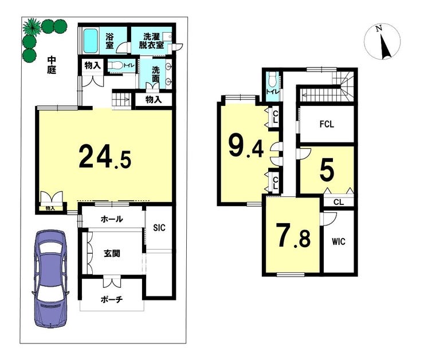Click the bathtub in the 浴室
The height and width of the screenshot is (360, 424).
click(x=91, y=41)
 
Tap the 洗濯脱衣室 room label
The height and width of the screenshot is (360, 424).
click(x=151, y=41)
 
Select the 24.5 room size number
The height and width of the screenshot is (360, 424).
click(x=105, y=157)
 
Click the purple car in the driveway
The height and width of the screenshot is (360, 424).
click(x=50, y=279)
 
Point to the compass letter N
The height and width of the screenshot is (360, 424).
click(x=379, y=28)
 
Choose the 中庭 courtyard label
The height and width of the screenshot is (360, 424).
click(x=52, y=65)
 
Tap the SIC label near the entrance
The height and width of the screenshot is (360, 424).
click(x=159, y=228)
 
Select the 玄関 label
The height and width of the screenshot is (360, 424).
click(x=112, y=254)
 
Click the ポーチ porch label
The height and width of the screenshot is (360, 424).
click(x=112, y=299)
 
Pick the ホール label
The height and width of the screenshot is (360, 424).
click(x=112, y=219)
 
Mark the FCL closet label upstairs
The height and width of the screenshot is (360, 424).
click(x=327, y=124)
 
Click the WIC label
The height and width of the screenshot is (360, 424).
click(x=339, y=241)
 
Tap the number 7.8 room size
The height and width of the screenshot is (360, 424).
click(x=293, y=235)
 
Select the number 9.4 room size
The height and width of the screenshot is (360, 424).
click(x=246, y=146)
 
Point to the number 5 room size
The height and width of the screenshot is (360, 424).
click(x=327, y=171)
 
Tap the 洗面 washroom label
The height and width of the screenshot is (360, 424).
click(x=155, y=75)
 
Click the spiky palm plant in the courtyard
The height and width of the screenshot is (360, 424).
click(x=32, y=27)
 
